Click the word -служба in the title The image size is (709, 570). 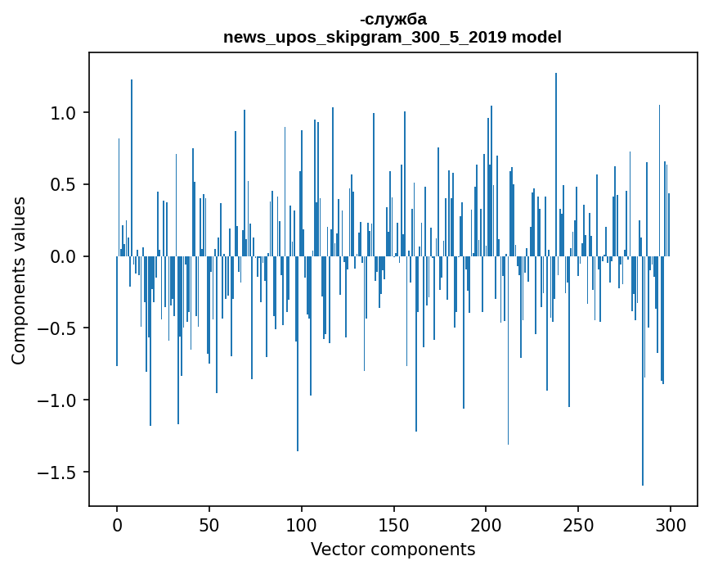coord(393,19)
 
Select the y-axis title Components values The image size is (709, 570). coord(19,280)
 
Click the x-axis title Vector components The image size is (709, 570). coord(393,550)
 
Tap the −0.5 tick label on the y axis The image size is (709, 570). coord(59,329)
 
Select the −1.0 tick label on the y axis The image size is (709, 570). coord(59,401)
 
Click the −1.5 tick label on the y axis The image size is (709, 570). coord(59,473)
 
